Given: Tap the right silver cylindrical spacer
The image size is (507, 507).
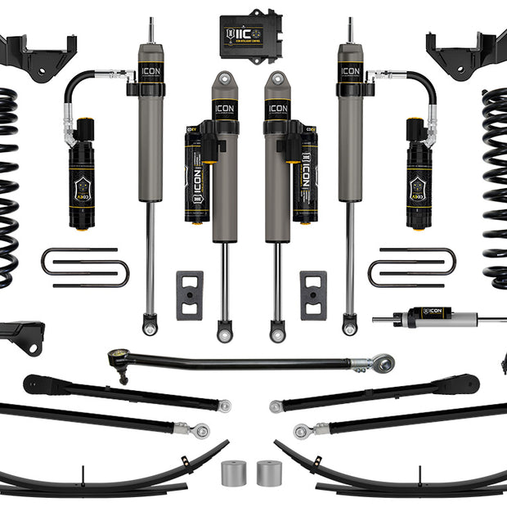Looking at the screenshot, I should [x=269, y=473].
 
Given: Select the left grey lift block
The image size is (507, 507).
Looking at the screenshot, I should [x=189, y=294].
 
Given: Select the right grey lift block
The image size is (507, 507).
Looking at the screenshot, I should [x=313, y=294].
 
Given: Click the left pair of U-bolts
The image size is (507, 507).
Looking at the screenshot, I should [x=85, y=267].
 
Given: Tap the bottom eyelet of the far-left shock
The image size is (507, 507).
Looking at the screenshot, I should [x=149, y=328].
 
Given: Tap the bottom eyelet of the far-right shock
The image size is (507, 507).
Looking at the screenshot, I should [x=350, y=328].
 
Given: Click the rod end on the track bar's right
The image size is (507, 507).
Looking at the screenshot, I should [x=381, y=361].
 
